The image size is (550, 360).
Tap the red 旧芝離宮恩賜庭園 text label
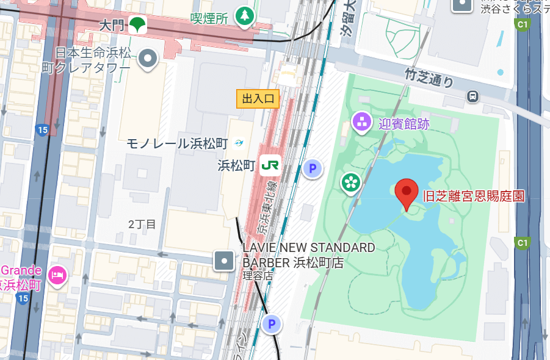pyautogui.click(x=474, y=196)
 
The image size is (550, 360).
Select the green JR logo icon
pyautogui.click(x=270, y=165)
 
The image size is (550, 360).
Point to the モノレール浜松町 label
pyautogui.click(x=176, y=144)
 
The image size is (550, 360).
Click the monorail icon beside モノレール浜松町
pyautogui.click(x=239, y=143)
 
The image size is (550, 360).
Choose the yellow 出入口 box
pyautogui.click(x=258, y=98)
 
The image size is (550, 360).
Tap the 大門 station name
pyautogui.click(x=111, y=26)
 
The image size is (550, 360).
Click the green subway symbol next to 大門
pyautogui.click(x=137, y=25)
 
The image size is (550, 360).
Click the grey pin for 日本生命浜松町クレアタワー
pyautogui.click(x=148, y=59)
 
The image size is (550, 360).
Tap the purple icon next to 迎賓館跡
pyautogui.click(x=362, y=122)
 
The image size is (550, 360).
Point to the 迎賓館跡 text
pyautogui.click(x=403, y=124)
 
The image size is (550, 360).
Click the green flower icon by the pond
pyautogui.click(x=350, y=182)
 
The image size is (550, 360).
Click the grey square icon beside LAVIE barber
pyautogui.click(x=223, y=261)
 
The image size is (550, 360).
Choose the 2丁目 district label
pyautogui.click(x=142, y=225)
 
